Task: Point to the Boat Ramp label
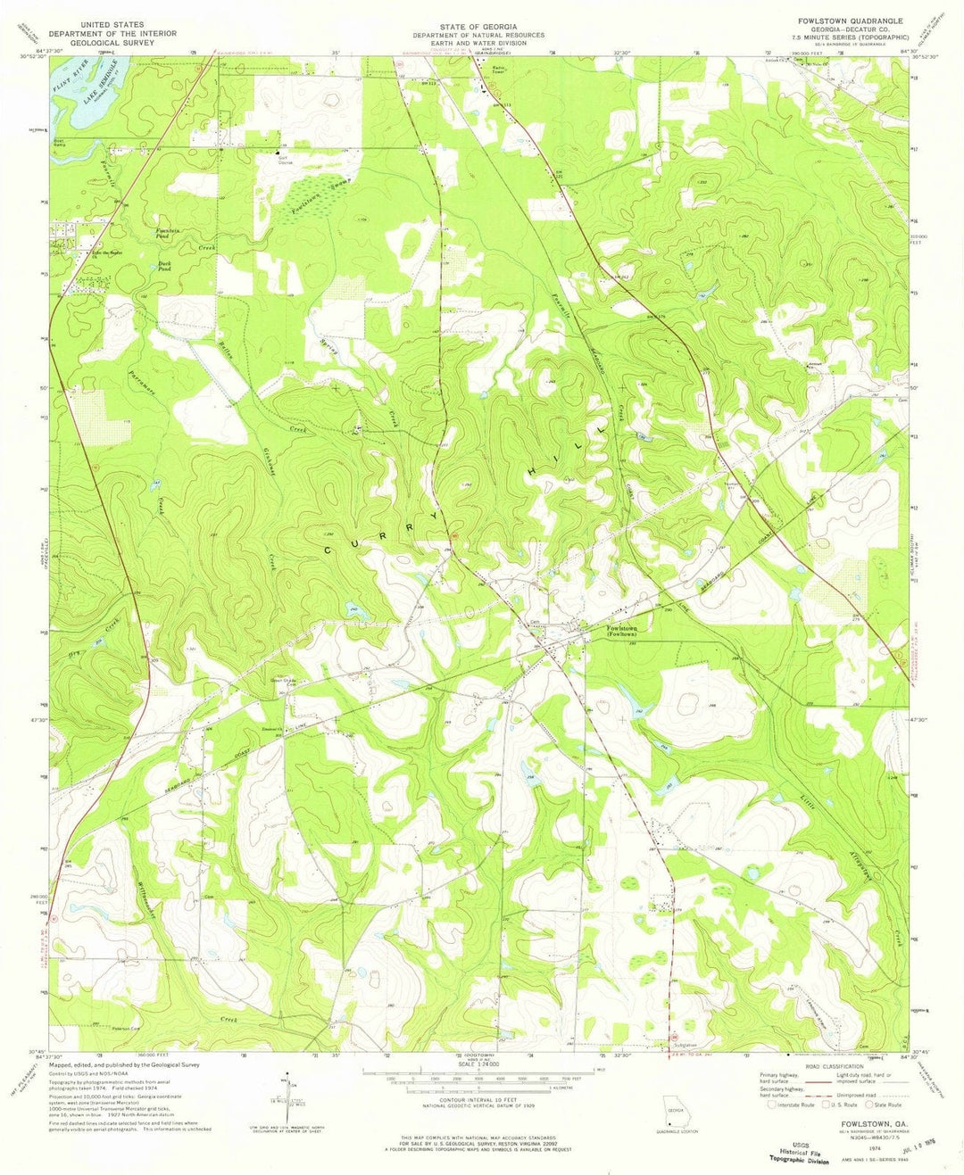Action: click(59, 142)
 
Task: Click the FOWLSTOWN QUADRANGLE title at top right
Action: click(840, 21)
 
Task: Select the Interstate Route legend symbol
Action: click(759, 1104)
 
